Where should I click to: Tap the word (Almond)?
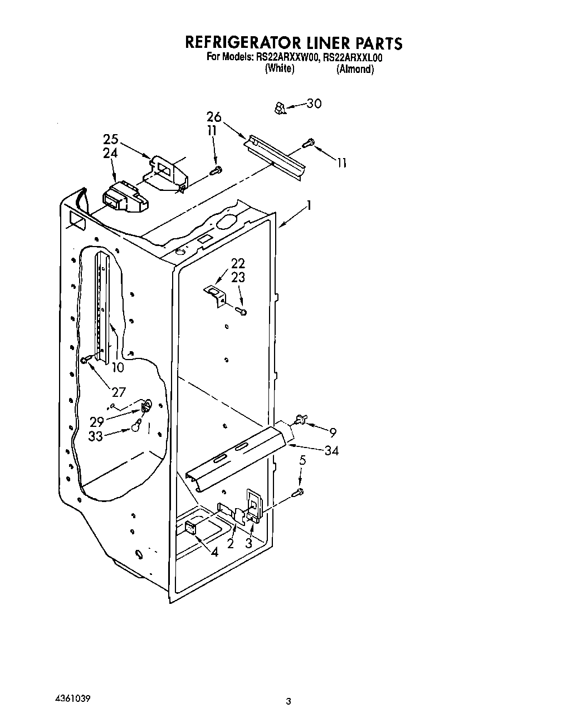pos(355,70)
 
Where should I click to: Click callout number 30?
pos(314,104)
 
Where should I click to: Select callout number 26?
pos(214,117)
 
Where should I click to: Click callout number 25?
pos(111,139)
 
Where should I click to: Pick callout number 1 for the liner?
pos(309,206)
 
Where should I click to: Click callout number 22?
pos(238,264)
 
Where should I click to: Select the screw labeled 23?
pos(242,311)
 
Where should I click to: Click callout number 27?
pos(119,392)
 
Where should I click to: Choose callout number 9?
pos(332,432)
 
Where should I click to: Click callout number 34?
pos(331,450)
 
